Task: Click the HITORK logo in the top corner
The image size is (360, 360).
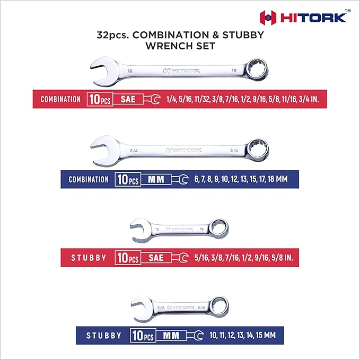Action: click(x=304, y=17)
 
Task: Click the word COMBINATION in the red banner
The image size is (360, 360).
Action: click(x=60, y=99)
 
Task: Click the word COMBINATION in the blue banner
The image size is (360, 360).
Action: click(x=89, y=179)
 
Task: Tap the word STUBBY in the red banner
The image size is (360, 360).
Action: click(x=89, y=258)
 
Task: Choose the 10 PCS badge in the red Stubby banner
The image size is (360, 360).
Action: click(x=127, y=258)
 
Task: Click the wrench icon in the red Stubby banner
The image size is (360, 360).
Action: click(x=181, y=258)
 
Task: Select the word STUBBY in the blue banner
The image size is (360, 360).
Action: click(x=104, y=336)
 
